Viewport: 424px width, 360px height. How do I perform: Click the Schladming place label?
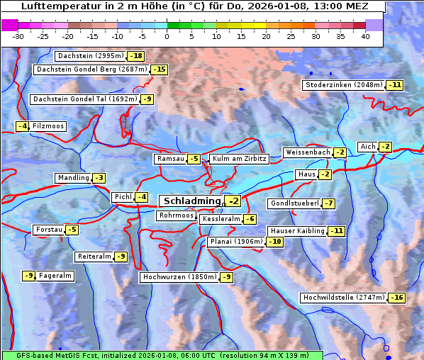(191, 201)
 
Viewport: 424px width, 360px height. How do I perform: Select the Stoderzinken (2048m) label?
(343, 85)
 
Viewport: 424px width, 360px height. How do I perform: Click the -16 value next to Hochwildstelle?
(396, 298)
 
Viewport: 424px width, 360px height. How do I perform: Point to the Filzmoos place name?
(48, 126)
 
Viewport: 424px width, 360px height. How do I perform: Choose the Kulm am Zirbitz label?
(239, 159)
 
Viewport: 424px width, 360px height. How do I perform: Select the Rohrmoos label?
(176, 215)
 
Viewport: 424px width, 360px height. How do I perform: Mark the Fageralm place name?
(55, 276)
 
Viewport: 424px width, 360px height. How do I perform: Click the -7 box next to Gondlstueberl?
(328, 204)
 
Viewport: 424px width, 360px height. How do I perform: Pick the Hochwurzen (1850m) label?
(179, 277)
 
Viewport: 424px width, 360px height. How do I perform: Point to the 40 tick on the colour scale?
(365, 36)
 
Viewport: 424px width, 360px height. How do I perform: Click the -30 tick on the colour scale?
(18, 36)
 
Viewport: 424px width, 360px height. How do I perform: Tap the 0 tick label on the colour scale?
(167, 36)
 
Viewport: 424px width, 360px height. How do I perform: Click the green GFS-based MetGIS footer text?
(162, 355)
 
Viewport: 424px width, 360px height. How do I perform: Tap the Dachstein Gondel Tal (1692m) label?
(85, 99)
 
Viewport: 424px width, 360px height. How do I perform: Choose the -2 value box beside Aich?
(385, 147)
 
